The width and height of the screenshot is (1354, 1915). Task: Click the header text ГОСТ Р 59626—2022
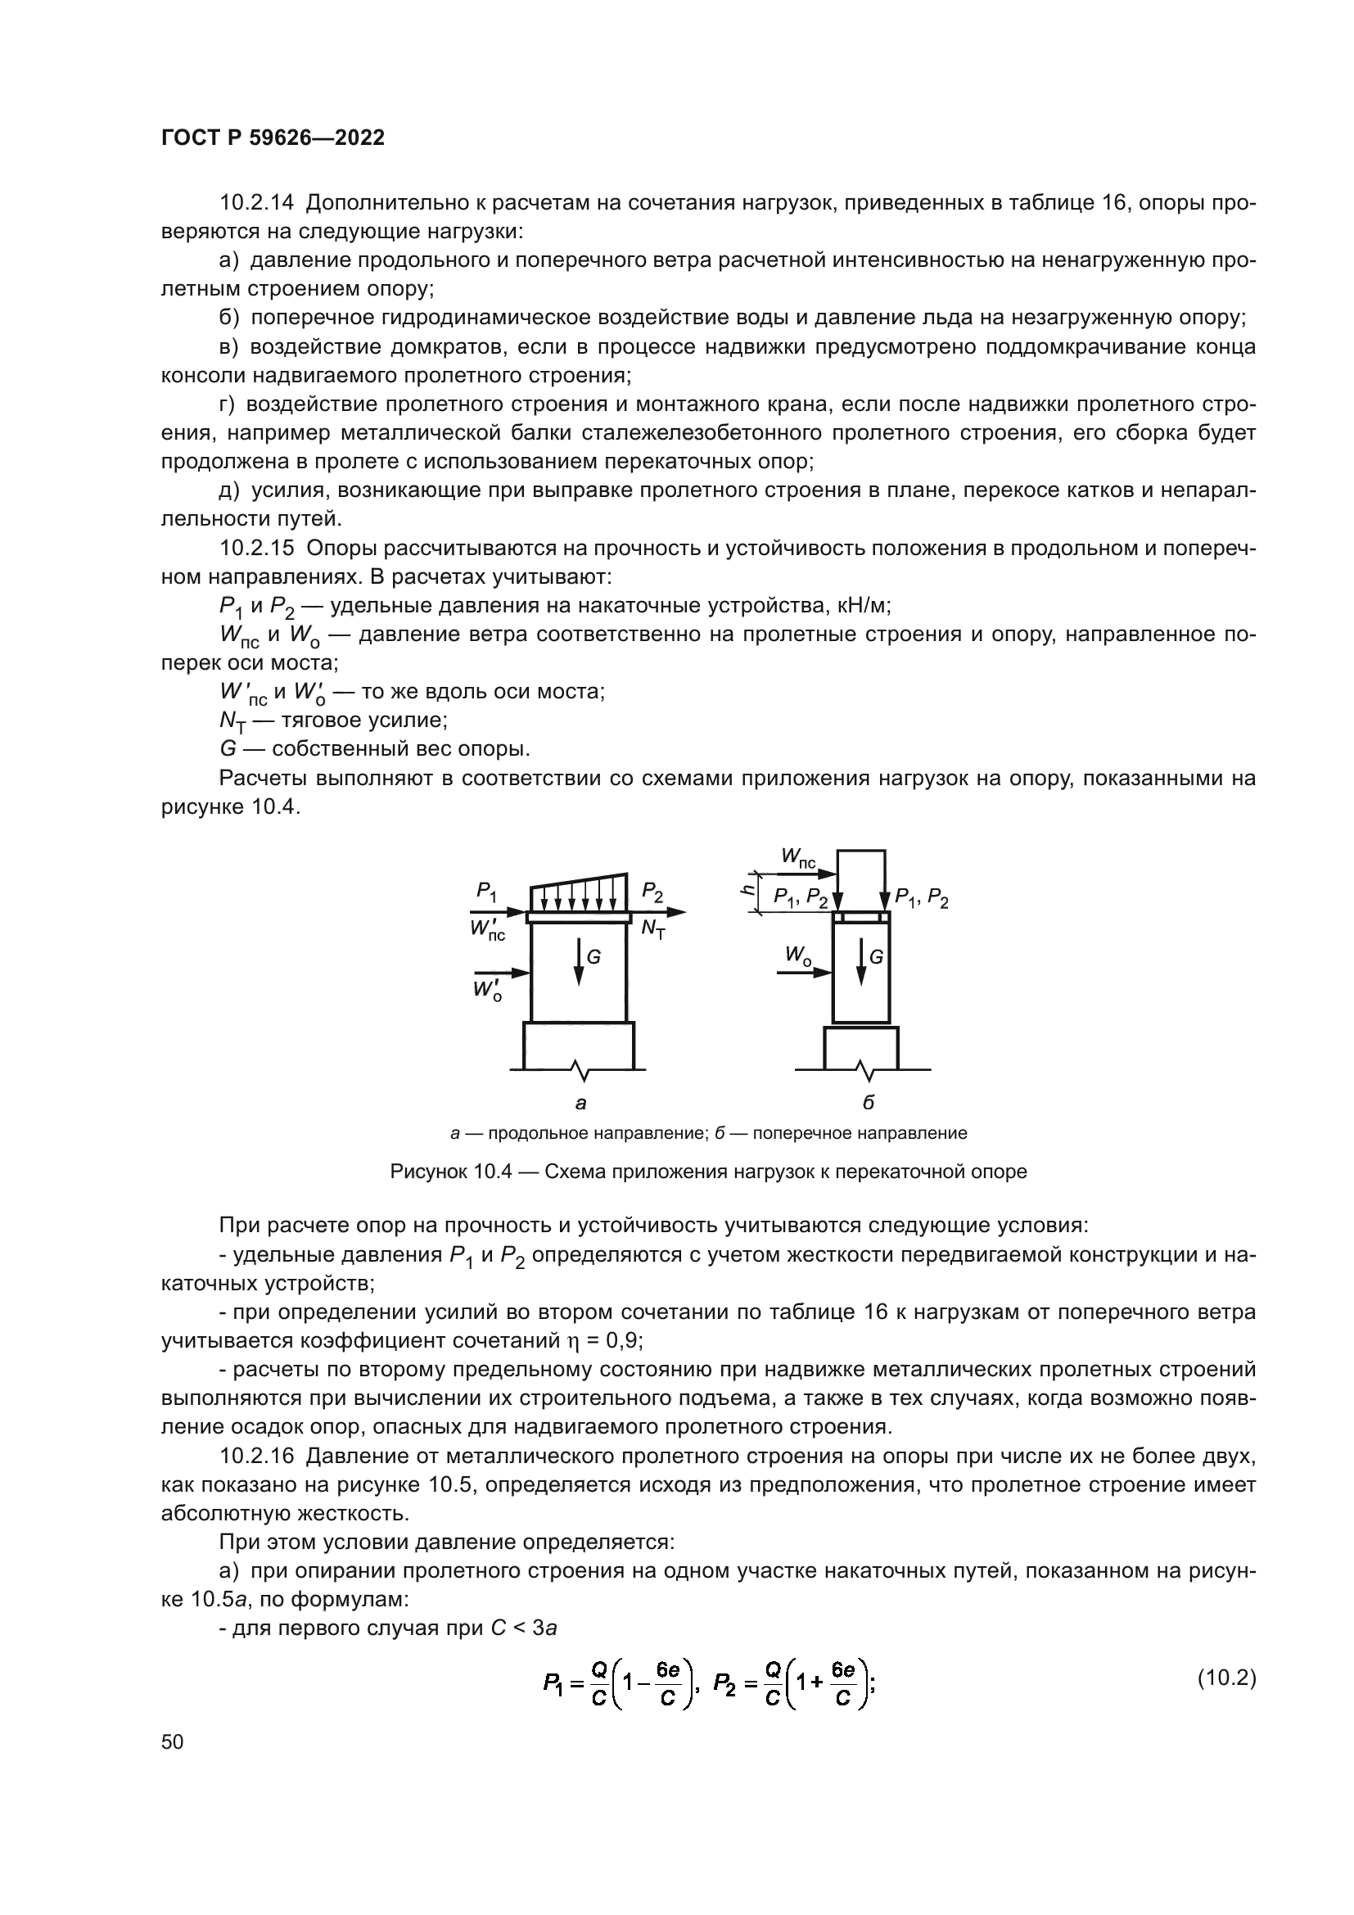coord(273,138)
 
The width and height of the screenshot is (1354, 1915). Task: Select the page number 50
coord(173,1741)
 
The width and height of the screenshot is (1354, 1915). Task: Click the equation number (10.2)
coord(1226,1678)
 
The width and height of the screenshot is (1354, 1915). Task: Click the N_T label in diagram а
coord(652,928)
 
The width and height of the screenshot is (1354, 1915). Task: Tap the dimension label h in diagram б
coord(748,890)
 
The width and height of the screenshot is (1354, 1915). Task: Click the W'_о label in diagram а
coord(487,991)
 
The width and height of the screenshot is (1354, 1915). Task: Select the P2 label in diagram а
coord(652,892)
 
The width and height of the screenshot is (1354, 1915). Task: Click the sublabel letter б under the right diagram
coord(868,1104)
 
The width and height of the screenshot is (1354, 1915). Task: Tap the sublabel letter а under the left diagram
coord(580,1104)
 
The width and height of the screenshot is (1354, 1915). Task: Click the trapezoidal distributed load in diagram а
coord(579,895)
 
